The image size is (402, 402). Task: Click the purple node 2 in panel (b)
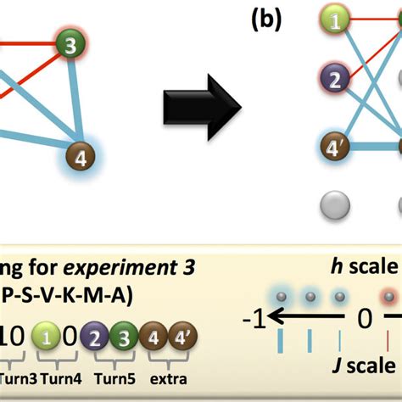pyautogui.click(x=335, y=81)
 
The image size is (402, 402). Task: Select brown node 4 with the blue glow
pyautogui.click(x=82, y=158)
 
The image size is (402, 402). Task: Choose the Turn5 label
pyautogui.click(x=112, y=371)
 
